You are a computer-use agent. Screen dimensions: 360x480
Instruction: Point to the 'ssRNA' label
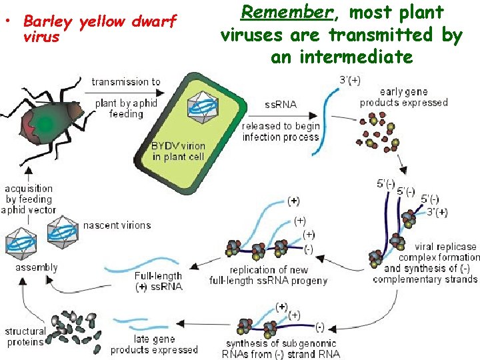(x=281, y=105)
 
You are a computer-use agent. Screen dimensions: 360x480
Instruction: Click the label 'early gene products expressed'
(x=404, y=97)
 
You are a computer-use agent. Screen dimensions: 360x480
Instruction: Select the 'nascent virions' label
(x=117, y=225)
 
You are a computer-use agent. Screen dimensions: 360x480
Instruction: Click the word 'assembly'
(x=37, y=267)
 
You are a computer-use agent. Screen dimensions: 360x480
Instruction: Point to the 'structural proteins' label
(x=25, y=337)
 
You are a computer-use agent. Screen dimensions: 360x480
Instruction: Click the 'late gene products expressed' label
(x=154, y=344)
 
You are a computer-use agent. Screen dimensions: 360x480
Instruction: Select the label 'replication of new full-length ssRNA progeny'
(x=269, y=275)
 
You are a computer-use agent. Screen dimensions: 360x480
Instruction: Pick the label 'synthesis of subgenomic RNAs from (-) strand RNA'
(x=282, y=349)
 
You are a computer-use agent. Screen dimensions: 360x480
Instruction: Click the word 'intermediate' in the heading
(x=341, y=57)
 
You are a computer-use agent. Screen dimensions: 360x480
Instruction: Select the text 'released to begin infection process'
(x=281, y=131)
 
